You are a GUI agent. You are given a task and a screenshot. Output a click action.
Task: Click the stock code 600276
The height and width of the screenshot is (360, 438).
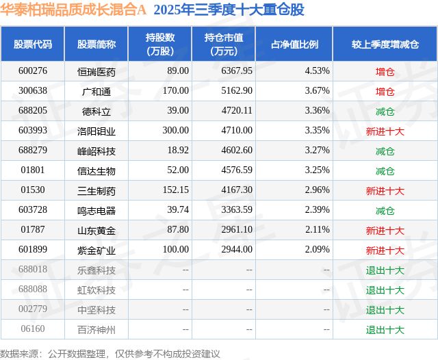[x=33, y=70]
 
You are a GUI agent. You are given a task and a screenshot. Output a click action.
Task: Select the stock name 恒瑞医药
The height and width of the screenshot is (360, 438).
[x=96, y=70]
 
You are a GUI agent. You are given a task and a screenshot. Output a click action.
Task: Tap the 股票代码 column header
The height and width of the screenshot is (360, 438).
[x=33, y=44]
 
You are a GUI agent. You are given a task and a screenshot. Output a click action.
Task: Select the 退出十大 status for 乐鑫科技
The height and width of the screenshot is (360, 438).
[x=385, y=270]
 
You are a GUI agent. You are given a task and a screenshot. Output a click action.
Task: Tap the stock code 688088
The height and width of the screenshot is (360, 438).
[x=33, y=290]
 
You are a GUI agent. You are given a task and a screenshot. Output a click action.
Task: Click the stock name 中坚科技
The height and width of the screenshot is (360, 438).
[x=96, y=309]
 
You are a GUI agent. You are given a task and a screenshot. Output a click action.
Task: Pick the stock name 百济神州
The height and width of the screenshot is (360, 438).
[x=96, y=330]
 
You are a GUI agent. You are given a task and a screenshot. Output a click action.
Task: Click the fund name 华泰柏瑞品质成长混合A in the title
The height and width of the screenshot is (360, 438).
[x=73, y=10]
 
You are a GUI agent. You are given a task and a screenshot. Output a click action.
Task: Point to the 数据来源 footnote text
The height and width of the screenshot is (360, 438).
[x=110, y=353]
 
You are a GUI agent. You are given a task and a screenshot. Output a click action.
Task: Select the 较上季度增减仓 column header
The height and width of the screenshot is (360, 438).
[x=385, y=44]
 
